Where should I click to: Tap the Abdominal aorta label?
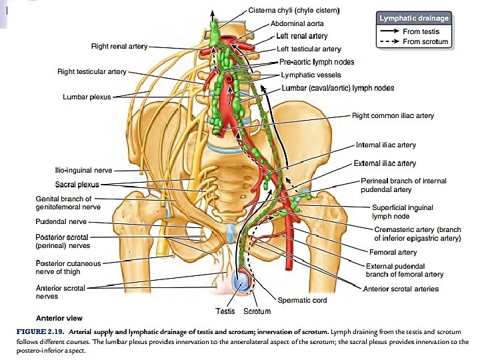297,23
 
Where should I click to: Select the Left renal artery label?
302,36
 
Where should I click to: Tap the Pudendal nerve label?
61,221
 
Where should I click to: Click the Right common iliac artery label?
393,115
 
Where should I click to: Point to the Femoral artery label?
393,252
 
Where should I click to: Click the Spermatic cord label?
302,300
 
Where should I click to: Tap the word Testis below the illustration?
225,311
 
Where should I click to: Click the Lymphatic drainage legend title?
413,19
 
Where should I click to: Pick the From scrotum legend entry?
425,42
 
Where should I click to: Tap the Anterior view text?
59,318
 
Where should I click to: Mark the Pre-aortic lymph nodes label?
316,62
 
